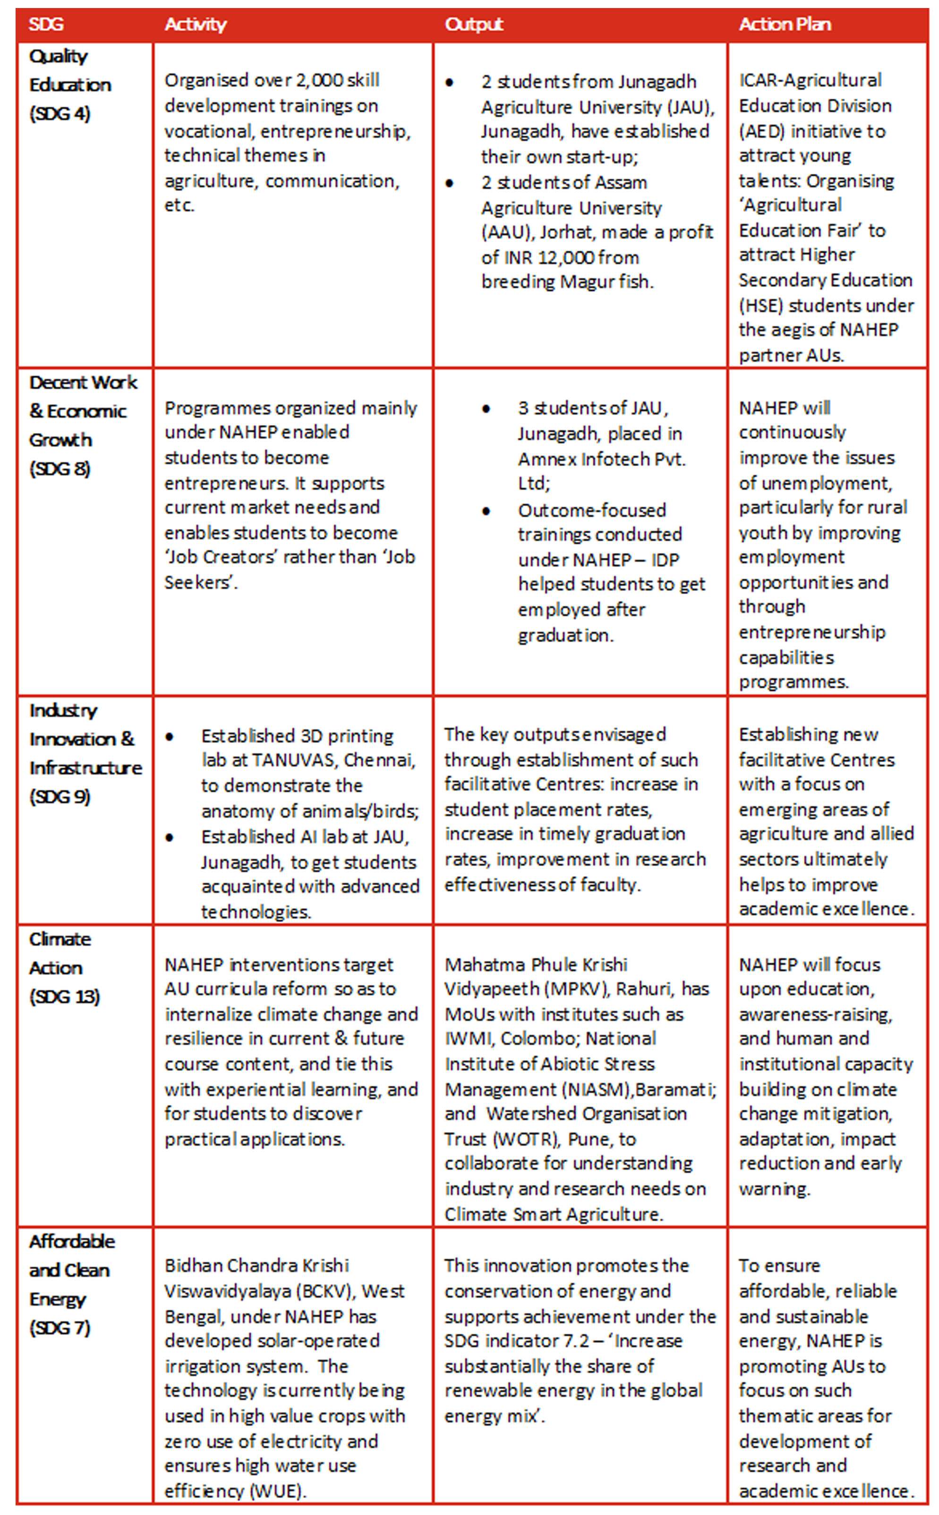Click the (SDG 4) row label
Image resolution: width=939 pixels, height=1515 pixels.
click(60, 114)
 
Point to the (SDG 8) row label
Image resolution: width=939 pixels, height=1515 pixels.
click(60, 469)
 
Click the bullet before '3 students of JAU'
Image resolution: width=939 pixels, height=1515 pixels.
click(487, 409)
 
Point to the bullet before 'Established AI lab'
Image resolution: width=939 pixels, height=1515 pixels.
click(170, 838)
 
